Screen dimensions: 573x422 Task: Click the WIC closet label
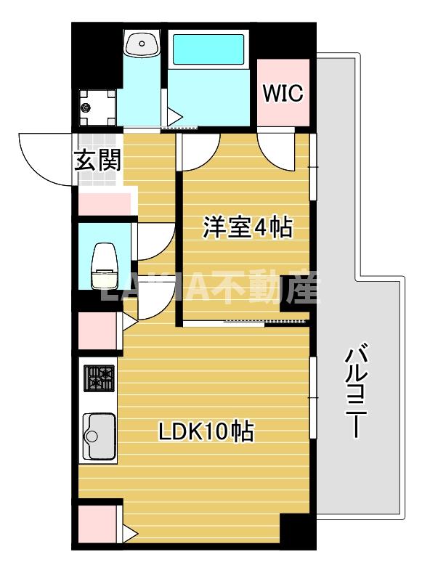284,94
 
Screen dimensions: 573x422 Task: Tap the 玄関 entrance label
97,160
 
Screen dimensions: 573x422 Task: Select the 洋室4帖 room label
247,227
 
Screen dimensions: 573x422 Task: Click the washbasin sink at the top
142,43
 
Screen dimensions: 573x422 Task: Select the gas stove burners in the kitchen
100,378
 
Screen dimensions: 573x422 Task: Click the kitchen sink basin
99,436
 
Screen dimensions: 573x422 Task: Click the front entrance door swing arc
45,159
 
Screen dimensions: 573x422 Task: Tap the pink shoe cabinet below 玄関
106,203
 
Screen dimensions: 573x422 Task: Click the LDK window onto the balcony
314,398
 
